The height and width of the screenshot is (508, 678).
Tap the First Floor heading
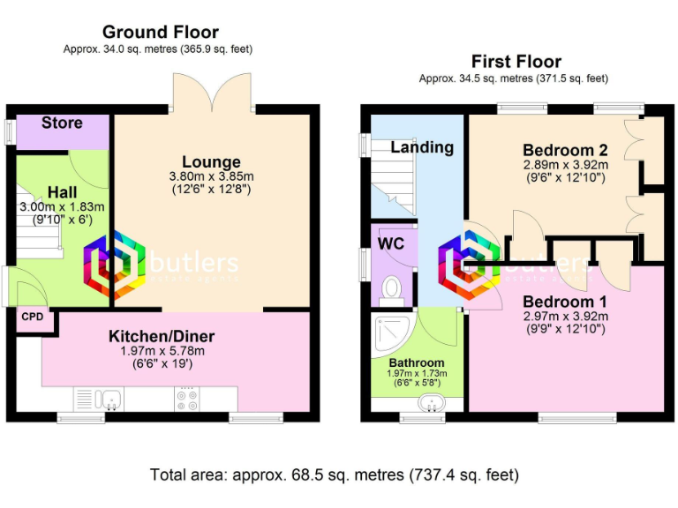[x=516, y=62]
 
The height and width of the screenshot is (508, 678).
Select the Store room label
[x=62, y=123]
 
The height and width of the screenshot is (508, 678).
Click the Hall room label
[x=62, y=192]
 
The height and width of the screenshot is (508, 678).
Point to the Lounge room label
[x=211, y=162]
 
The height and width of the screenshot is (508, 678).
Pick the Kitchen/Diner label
[x=162, y=336]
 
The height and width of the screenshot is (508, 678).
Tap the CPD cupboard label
[x=32, y=317]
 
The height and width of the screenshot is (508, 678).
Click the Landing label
[x=422, y=147]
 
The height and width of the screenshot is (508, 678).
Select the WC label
[x=390, y=243]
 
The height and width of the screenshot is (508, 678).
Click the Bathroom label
[x=416, y=362]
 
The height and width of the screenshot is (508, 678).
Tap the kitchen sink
[x=111, y=400]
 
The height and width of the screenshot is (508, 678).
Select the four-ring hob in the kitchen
[x=186, y=400]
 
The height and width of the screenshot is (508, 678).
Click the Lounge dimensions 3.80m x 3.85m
[x=211, y=176]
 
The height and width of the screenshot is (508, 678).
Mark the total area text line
[x=335, y=474]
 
